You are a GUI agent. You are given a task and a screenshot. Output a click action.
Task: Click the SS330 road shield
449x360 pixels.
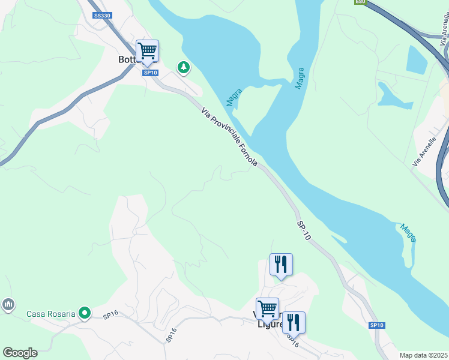[x=102, y=15]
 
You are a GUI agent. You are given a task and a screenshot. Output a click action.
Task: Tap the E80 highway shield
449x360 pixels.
[x=360, y=2]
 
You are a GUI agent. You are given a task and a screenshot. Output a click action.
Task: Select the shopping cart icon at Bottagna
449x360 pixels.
[x=147, y=52]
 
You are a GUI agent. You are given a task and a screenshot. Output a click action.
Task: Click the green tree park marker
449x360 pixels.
[x=183, y=68]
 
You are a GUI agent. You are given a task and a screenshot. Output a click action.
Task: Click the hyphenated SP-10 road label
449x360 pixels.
[x=304, y=231]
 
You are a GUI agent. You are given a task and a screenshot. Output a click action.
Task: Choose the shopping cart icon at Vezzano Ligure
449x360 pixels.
[x=267, y=310]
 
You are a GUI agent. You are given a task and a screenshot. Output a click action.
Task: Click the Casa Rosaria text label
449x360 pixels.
[x=51, y=314]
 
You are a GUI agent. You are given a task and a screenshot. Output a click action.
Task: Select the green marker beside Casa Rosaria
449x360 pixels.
[x=85, y=313]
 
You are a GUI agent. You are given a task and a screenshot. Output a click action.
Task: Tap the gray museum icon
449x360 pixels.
[x=8, y=305]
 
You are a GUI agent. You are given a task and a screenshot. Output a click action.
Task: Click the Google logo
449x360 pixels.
[x=20, y=353]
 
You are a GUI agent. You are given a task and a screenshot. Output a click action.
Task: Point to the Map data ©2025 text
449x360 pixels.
[x=423, y=355]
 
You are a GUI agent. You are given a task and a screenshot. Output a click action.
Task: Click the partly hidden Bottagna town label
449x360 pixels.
[x=128, y=60]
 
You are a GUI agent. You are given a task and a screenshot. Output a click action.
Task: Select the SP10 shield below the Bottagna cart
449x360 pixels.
[x=150, y=73]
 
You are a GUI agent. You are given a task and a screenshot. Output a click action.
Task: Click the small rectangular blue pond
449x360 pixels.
[x=417, y=59]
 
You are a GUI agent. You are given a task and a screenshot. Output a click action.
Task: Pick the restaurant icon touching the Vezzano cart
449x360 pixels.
[x=294, y=323]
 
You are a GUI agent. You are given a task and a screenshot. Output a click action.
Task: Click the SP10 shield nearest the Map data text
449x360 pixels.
[x=376, y=325]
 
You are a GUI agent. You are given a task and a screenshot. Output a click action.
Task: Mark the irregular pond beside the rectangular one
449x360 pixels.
[x=394, y=96]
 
